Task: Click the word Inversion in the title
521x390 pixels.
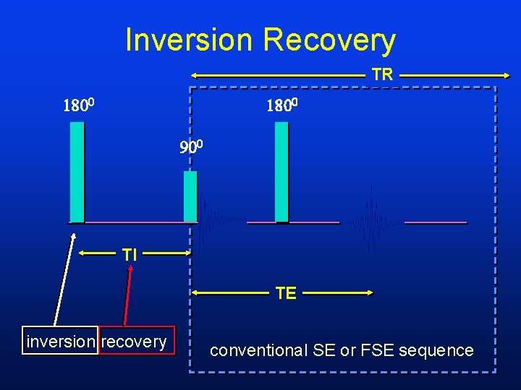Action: pyautogui.click(x=189, y=40)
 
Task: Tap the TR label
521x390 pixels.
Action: pyautogui.click(x=382, y=74)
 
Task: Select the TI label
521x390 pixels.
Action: pyautogui.click(x=130, y=254)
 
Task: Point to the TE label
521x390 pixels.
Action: pyautogui.click(x=286, y=293)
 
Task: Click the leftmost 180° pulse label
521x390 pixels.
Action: pyautogui.click(x=80, y=107)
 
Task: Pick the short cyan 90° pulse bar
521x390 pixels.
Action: pyautogui.click(x=190, y=196)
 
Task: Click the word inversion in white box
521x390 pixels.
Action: pyautogui.click(x=61, y=342)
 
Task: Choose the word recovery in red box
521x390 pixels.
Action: pyautogui.click(x=134, y=342)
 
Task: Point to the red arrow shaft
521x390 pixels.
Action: pyautogui.click(x=128, y=296)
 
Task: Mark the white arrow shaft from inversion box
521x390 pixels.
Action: pyautogui.click(x=64, y=282)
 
